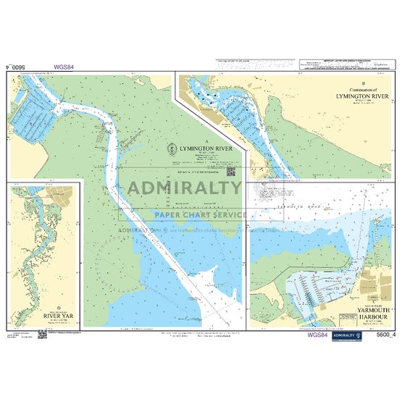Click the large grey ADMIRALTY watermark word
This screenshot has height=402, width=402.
pos(185,189)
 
